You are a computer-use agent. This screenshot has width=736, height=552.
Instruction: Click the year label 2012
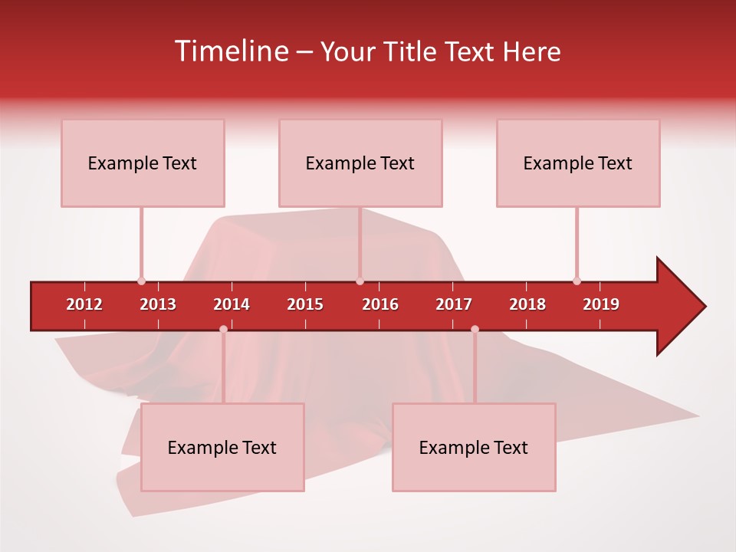point(84,304)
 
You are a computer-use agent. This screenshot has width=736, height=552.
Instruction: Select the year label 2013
point(158,304)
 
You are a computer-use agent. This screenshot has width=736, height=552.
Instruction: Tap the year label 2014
point(232,304)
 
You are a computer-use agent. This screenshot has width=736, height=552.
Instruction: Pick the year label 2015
point(305,304)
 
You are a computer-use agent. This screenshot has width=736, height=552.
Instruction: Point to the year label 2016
point(380,304)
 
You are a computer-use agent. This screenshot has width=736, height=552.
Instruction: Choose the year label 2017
point(454,304)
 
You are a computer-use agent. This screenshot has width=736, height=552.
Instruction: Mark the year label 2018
point(527,304)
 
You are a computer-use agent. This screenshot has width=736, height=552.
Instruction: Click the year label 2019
point(601,304)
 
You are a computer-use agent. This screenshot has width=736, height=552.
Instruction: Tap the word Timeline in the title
point(230,51)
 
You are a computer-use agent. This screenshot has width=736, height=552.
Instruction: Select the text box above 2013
point(143,163)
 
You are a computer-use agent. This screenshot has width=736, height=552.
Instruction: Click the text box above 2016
point(360,163)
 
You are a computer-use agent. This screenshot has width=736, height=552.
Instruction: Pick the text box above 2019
point(578,163)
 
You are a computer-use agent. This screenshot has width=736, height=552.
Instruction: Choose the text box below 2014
point(222,447)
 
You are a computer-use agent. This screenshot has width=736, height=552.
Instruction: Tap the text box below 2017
point(474,447)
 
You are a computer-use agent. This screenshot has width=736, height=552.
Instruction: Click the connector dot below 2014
point(223,329)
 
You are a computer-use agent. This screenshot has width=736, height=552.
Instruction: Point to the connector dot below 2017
point(475,329)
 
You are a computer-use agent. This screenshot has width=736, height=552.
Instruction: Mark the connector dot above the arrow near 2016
point(360,281)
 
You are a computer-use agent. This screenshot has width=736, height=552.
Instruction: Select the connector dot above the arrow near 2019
point(577,281)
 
